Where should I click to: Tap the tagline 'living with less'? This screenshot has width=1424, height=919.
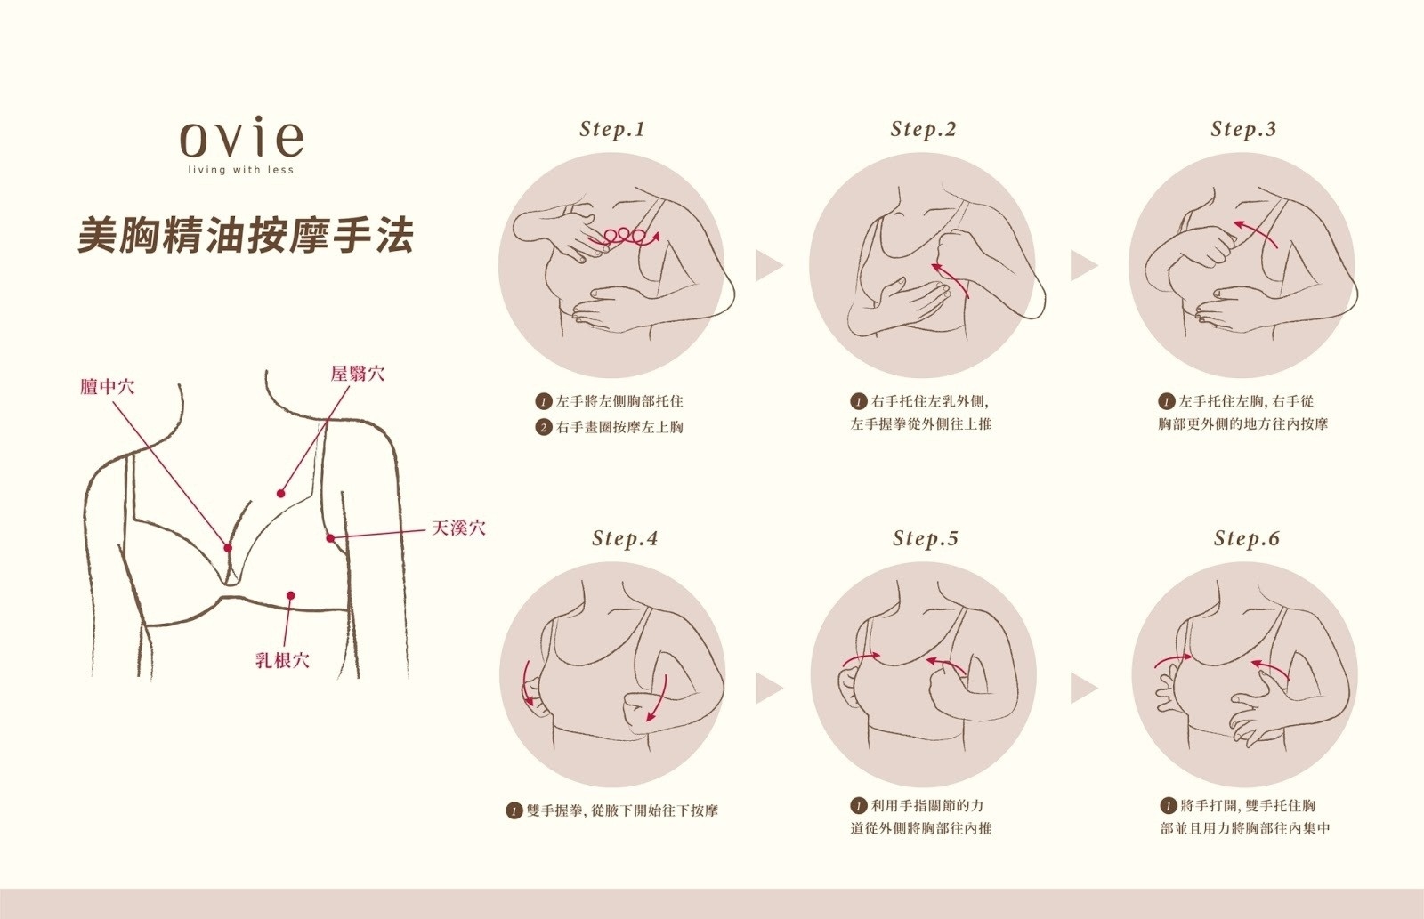point(240,170)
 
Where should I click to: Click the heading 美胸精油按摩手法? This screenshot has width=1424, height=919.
point(246,236)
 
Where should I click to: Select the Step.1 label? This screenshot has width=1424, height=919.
point(612,129)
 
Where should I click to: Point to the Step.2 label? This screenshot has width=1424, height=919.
point(923,129)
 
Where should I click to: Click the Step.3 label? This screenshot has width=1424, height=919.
point(1243,129)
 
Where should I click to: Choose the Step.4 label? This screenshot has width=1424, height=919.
point(625,538)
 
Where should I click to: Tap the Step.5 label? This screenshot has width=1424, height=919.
point(926,538)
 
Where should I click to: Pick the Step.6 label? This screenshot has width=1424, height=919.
point(1247,538)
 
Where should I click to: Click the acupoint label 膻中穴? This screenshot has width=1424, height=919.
point(107,386)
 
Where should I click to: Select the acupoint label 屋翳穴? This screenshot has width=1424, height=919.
point(358,374)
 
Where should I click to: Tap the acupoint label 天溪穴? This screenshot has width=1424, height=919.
point(458,528)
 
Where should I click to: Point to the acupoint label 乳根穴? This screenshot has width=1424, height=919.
point(282,660)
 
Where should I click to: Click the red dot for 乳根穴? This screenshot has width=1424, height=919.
point(290,595)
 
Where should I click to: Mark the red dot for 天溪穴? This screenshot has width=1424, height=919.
point(330,538)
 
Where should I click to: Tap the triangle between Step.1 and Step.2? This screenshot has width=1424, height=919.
point(768,265)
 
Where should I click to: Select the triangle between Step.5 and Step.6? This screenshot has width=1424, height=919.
point(1082,689)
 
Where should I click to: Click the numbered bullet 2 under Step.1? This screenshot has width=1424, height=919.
point(544,427)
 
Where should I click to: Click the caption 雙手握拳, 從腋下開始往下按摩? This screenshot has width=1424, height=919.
point(621,810)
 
